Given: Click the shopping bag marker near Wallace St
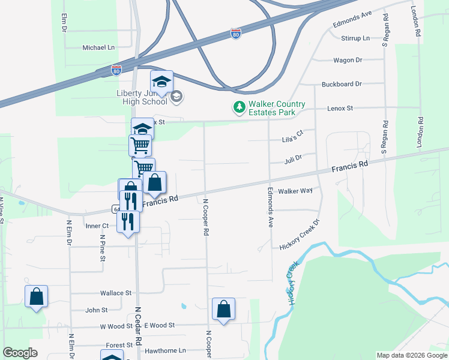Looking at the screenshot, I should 36,296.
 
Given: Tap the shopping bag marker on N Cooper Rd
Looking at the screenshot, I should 223,310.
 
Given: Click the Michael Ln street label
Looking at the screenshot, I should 98,47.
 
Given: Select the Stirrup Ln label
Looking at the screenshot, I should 356,38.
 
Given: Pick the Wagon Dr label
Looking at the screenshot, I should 348,60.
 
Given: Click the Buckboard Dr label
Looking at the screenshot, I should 342,84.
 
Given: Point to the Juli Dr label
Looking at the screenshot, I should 293,160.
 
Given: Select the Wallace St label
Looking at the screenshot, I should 116,293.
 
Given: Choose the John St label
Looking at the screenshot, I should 96,310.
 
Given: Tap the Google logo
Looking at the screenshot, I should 20,353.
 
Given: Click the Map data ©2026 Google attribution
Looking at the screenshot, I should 411,355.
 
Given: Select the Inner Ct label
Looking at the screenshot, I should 97,226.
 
